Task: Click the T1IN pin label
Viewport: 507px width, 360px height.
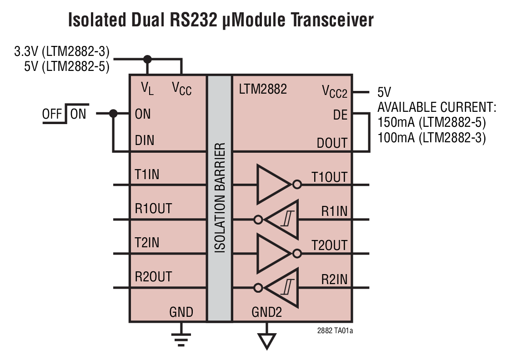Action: tap(147, 174)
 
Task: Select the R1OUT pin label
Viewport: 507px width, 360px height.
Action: tap(153, 209)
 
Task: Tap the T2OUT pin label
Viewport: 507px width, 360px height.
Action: tap(329, 245)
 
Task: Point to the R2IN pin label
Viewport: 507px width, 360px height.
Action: tap(334, 280)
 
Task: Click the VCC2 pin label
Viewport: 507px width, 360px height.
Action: tap(335, 93)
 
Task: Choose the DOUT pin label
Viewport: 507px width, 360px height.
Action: tap(332, 143)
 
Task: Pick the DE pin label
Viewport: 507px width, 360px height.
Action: tap(340, 115)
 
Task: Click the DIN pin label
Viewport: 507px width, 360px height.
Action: tap(145, 140)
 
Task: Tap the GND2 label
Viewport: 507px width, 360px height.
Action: tap(266, 313)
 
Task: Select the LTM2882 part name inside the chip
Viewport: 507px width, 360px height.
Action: tap(263, 89)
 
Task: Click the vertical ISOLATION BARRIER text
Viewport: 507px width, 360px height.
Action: tap(220, 198)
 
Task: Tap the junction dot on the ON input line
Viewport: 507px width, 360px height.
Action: tap(114, 114)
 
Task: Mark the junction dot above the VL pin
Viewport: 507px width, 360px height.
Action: tap(147, 59)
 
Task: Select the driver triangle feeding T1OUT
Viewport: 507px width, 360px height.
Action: tap(272, 185)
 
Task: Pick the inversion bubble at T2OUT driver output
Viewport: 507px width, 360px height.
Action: tap(297, 253)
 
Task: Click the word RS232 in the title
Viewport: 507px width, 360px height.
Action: tap(188, 20)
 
